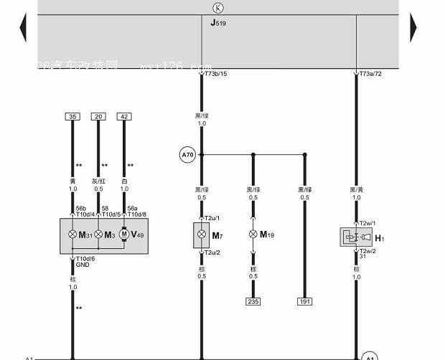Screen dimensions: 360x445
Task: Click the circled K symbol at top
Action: [217, 9]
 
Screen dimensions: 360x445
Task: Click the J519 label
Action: [218, 23]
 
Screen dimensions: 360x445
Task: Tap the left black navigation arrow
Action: [23, 28]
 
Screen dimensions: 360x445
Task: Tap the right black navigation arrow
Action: [413, 28]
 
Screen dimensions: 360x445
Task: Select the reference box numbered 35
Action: [72, 116]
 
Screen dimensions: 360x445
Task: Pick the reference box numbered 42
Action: [124, 116]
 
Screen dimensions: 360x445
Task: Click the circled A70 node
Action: [187, 154]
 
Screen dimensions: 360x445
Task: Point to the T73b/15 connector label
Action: [215, 74]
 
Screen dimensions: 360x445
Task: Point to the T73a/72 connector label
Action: [371, 74]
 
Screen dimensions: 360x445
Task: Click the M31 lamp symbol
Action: [72, 235]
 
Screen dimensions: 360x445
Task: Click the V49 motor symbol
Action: [123, 235]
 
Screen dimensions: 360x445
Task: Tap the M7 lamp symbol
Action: [202, 235]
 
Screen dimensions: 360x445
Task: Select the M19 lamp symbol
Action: [253, 235]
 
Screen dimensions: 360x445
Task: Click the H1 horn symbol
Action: [356, 237]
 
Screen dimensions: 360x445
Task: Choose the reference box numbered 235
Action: [253, 302]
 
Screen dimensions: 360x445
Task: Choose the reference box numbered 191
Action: [304, 302]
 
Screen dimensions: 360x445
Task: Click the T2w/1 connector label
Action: [367, 223]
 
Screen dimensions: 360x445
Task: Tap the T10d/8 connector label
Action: [137, 214]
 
